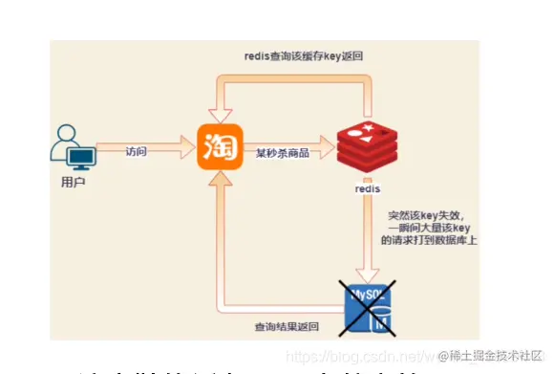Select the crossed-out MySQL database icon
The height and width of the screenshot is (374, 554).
[x=367, y=305]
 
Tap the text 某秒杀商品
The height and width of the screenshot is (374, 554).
[x=282, y=151]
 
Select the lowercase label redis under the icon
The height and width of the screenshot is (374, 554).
[x=367, y=189]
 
